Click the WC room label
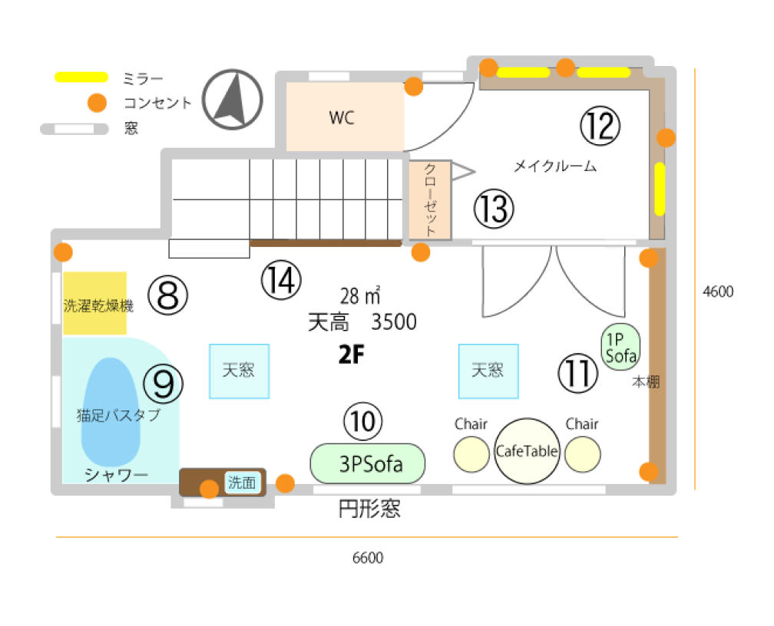coord(342,118)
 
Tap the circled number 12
coord(600,127)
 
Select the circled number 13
coord(494,209)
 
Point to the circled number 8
coord(168,295)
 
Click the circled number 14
coord(281,280)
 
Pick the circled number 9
coord(163,384)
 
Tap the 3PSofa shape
coord(368,463)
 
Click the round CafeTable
coord(528,451)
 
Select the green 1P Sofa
coord(620,348)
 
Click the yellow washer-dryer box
coord(94,303)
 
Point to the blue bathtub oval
coord(111,412)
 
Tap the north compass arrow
coord(233,100)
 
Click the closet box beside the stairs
coord(430,200)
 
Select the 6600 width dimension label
coord(368,558)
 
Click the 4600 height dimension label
coord(718,292)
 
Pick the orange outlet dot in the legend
coord(97,103)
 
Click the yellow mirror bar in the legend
coord(81,77)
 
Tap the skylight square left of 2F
coord(240,371)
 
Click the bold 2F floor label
coord(352,354)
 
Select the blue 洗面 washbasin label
coord(242,482)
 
